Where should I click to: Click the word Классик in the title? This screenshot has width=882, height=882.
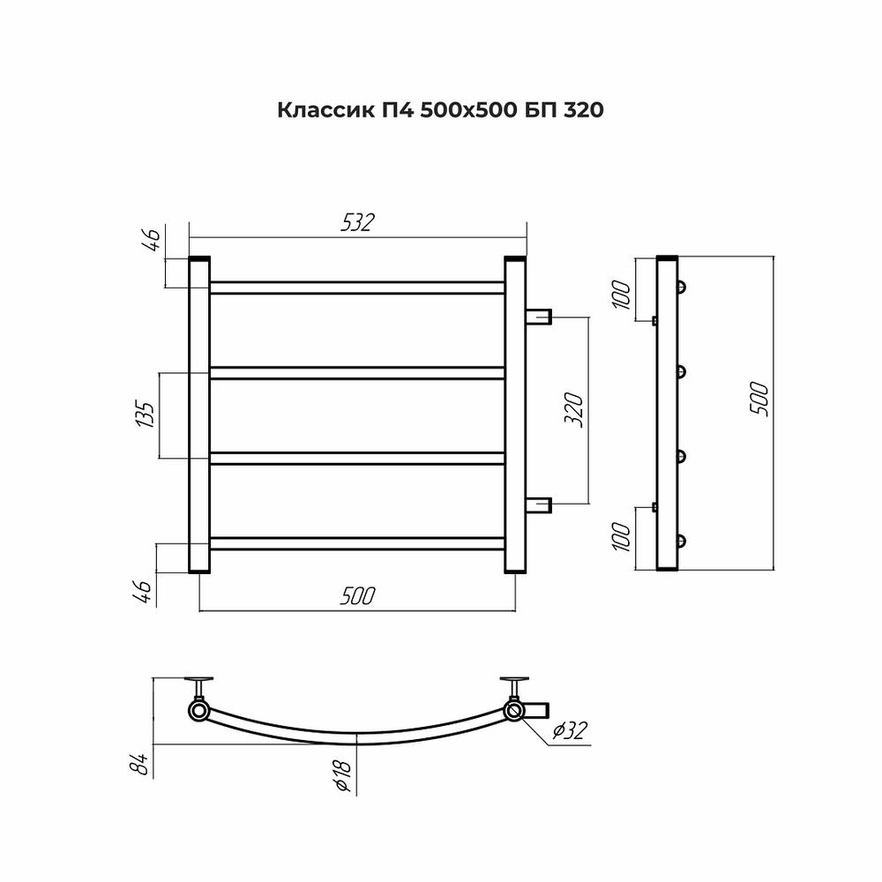click(x=325, y=110)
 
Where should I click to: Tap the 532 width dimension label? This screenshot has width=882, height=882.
click(x=357, y=223)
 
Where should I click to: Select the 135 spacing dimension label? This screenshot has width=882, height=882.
click(x=146, y=414)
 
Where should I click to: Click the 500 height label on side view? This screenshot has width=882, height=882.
click(x=759, y=399)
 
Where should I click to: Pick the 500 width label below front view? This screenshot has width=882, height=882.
click(x=357, y=596)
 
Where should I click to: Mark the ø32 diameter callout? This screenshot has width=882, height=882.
click(x=569, y=730)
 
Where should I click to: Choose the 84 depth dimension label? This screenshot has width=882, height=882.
click(x=142, y=764)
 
